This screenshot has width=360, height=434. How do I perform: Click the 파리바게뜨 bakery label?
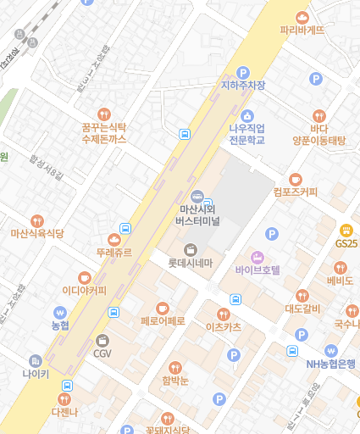302,31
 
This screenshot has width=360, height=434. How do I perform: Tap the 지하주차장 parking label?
243,86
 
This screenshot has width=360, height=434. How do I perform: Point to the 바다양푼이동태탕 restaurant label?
319,135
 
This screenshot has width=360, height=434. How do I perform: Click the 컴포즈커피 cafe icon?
296,179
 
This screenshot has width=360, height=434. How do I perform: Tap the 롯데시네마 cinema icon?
191,249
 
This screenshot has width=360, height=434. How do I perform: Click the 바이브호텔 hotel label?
258,270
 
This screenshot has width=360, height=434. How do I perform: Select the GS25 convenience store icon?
346,230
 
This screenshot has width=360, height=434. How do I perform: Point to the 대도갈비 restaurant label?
302,309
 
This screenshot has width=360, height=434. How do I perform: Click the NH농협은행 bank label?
330,364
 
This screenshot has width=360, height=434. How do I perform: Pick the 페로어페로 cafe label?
163,321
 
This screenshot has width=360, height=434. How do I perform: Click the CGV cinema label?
102,353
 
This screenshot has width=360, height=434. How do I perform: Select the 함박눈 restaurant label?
174,381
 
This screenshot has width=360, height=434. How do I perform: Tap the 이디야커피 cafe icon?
84,277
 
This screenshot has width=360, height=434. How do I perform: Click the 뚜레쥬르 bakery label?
114,253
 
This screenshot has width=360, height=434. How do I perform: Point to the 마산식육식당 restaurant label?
36,233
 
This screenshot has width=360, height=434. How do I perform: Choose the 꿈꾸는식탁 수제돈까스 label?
103,131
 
